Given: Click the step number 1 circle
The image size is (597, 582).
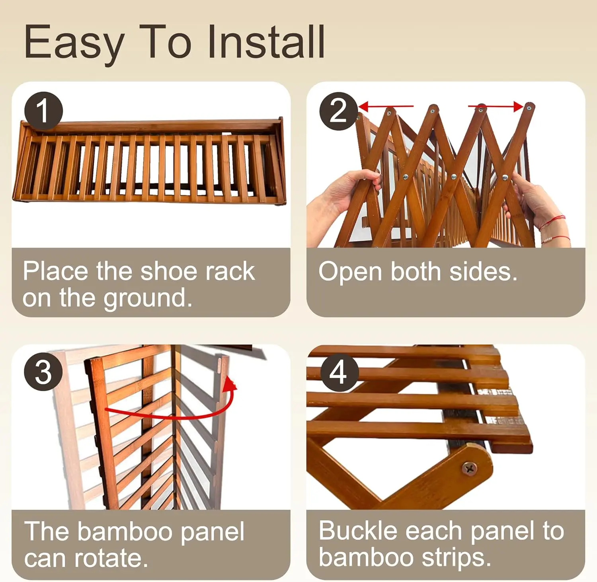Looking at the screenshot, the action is (x=44, y=111).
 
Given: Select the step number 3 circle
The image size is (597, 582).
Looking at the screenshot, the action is (x=43, y=372).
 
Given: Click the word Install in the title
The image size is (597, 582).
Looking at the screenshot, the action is (x=266, y=42).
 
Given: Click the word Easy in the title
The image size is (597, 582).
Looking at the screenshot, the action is (x=74, y=44).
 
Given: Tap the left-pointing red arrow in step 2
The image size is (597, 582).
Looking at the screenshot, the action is (x=386, y=106).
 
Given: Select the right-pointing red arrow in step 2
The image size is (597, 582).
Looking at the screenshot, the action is (x=496, y=106).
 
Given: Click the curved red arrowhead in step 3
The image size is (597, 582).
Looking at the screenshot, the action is (x=229, y=384).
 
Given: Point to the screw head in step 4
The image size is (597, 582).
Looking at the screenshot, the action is (x=470, y=469).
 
